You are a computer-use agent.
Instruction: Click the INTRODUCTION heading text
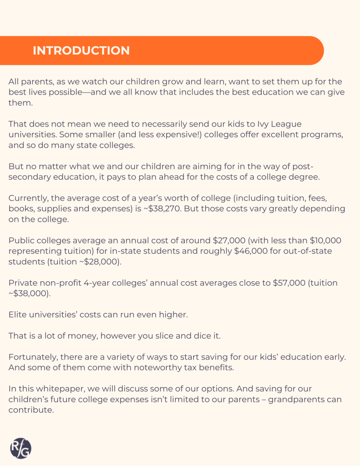point(81,51)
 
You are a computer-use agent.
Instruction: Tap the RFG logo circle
point(20,449)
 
